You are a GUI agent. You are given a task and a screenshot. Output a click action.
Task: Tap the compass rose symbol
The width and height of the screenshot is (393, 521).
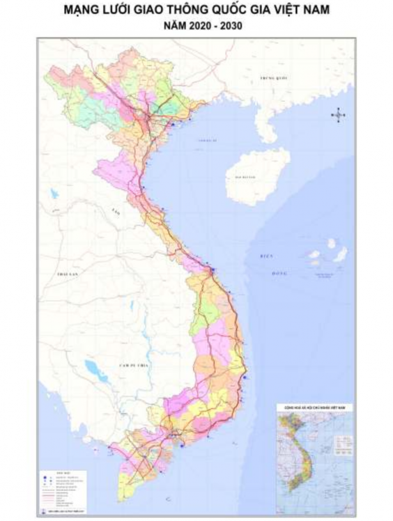point(339,115)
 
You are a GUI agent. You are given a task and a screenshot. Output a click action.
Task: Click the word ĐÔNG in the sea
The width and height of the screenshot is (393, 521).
point(279,272)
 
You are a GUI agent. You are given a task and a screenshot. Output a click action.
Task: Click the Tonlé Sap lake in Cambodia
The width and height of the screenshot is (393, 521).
point(93,367)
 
